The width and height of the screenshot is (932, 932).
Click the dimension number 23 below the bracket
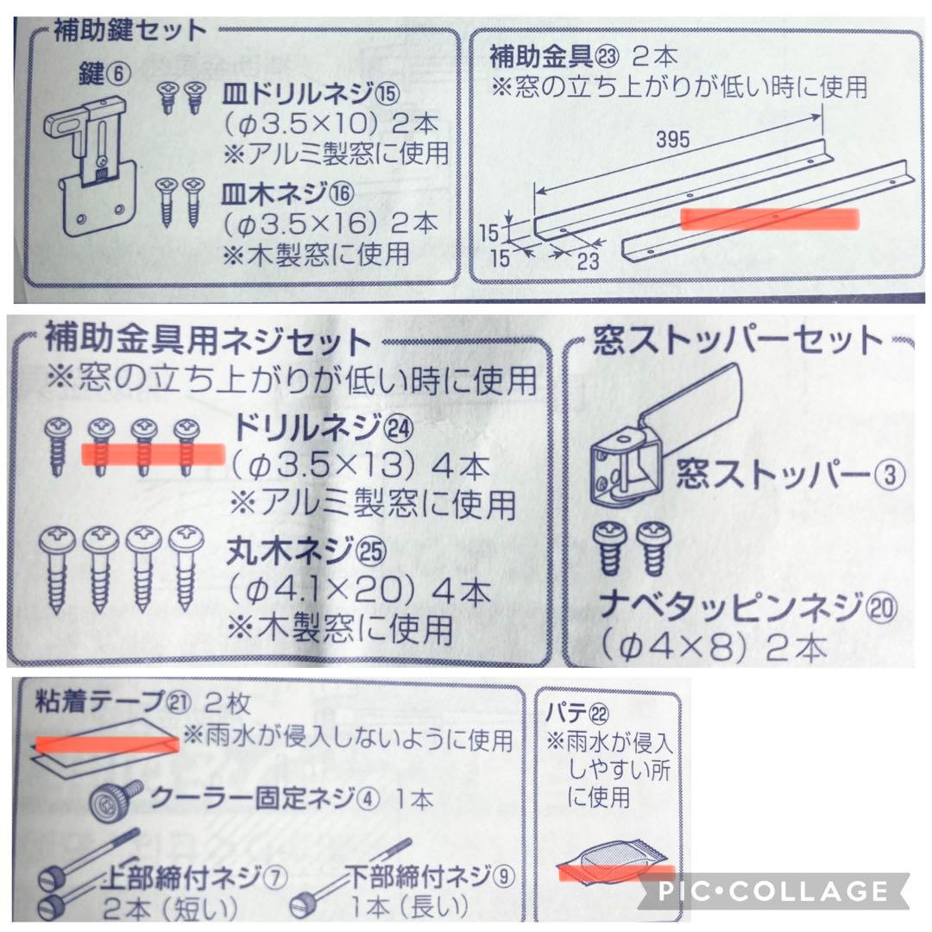coord(588,262)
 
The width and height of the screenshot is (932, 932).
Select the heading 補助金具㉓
coord(552,58)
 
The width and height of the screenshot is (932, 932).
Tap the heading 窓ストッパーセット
coord(738,343)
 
